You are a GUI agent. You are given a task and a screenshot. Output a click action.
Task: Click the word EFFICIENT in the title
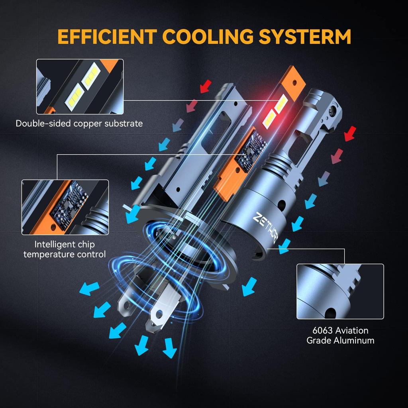click(x=107, y=36)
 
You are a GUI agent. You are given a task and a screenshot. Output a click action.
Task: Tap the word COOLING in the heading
click(x=207, y=36)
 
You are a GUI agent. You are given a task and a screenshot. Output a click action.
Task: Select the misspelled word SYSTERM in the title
click(x=305, y=36)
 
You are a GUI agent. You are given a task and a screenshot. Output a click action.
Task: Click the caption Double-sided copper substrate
click(x=79, y=124)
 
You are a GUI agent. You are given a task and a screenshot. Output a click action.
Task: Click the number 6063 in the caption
click(x=322, y=330)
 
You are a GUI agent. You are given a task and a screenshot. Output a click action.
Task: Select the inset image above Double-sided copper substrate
click(x=80, y=86)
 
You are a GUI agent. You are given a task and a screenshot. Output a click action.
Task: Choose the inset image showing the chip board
click(x=65, y=207)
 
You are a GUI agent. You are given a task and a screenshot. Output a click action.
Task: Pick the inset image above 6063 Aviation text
click(x=340, y=291)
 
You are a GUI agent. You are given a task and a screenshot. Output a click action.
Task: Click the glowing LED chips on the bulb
click(x=275, y=112)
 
